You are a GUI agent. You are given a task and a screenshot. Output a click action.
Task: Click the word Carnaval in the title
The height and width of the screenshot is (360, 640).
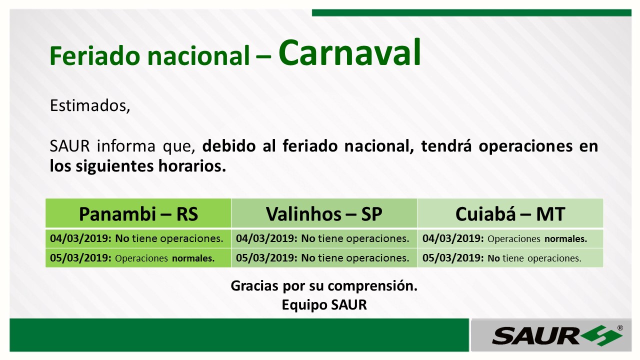[349, 53]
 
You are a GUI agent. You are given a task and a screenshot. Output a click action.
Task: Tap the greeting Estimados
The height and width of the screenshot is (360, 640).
[90, 105]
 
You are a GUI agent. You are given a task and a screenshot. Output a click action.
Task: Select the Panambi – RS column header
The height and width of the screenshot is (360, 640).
[138, 213]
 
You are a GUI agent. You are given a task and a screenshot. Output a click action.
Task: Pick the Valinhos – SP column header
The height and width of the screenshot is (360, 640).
[324, 213]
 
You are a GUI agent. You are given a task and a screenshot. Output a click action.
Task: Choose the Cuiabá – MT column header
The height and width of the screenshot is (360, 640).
[510, 213]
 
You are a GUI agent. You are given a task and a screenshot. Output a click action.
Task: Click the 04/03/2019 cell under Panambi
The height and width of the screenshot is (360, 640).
[138, 238]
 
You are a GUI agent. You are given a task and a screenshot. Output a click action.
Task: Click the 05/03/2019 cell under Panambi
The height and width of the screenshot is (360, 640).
[138, 258]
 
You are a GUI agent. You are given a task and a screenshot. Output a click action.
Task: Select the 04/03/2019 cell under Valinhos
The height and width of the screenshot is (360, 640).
[324, 238]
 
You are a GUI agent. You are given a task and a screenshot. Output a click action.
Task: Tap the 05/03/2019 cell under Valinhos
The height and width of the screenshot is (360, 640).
[324, 258]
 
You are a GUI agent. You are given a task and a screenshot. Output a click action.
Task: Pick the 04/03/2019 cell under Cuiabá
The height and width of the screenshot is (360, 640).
[510, 238]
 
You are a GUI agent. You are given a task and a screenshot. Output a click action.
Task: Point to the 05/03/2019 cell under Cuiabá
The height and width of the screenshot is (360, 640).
[510, 258]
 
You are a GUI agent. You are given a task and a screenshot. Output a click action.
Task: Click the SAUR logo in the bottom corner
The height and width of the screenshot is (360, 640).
[557, 335]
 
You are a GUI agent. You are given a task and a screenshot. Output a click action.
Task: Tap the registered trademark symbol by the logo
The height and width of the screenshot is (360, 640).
[620, 328]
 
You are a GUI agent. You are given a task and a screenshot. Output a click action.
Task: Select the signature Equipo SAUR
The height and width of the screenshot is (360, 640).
[324, 305]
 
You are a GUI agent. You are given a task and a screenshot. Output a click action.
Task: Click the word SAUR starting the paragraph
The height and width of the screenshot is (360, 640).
[69, 146]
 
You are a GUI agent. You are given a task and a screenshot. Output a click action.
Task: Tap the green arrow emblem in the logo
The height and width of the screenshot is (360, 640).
[603, 335]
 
